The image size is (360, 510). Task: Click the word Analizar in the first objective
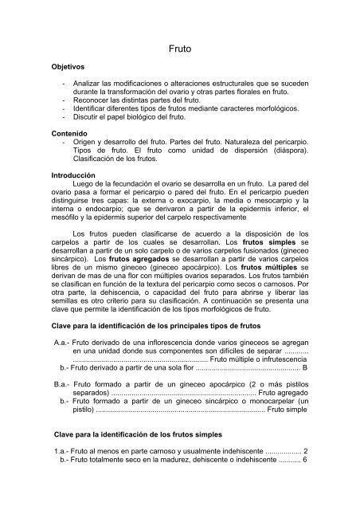pos(88,84)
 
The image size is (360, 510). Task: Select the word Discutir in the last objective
pos(86,123)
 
